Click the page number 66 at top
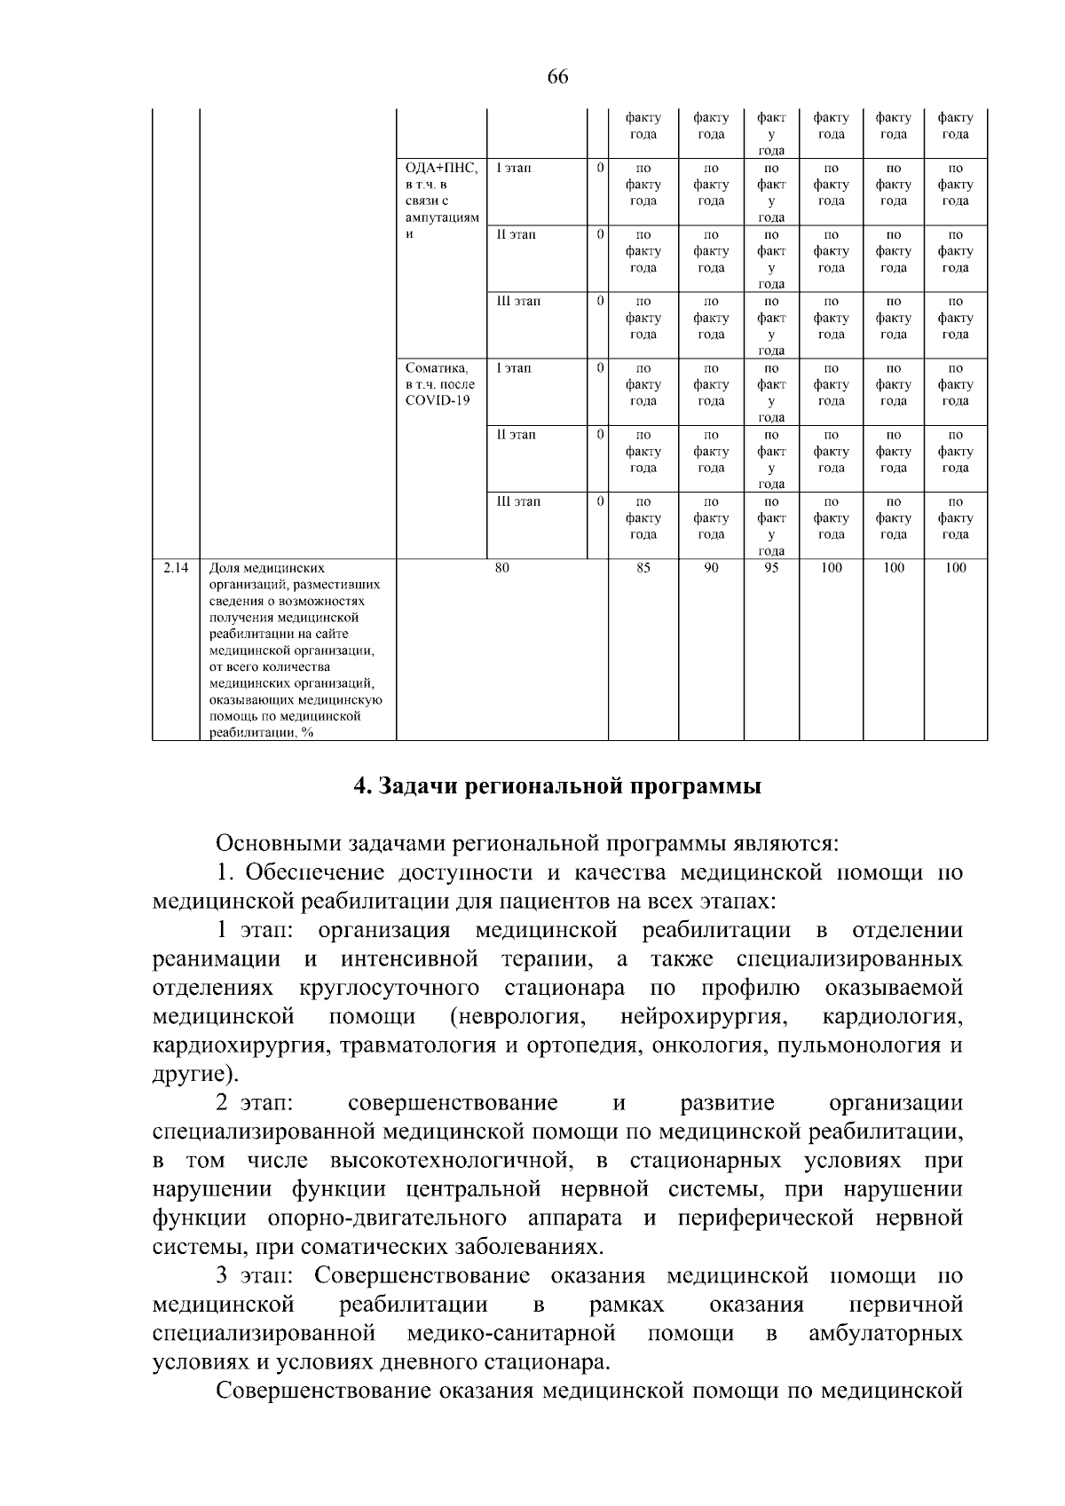pyautogui.click(x=557, y=76)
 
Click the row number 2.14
pyautogui.click(x=175, y=568)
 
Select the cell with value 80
pyautogui.click(x=501, y=568)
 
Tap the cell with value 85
pyautogui.click(x=643, y=568)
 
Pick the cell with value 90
pyautogui.click(x=711, y=568)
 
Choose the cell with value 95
pyautogui.click(x=771, y=568)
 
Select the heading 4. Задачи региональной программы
pyautogui.click(x=557, y=787)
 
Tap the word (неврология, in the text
pyautogui.click(x=516, y=1015)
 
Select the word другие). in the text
pyautogui.click(x=195, y=1074)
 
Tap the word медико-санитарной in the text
pyautogui.click(x=511, y=1333)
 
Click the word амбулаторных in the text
pyautogui.click(x=885, y=1333)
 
